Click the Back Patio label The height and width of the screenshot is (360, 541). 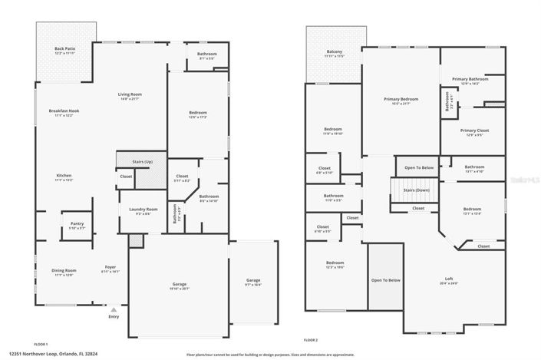click(64, 49)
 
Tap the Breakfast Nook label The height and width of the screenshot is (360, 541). click(64, 111)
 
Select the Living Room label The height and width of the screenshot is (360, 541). click(130, 94)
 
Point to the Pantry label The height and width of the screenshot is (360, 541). click(78, 224)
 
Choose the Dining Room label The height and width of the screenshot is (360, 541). click(64, 270)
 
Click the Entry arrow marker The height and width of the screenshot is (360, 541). click(114, 309)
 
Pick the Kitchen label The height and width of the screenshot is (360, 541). click(64, 176)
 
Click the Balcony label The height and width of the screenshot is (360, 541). click(334, 51)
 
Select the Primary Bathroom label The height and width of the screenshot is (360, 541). click(470, 79)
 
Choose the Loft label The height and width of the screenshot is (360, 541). click(449, 279)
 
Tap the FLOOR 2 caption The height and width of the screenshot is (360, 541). click(310, 339)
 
